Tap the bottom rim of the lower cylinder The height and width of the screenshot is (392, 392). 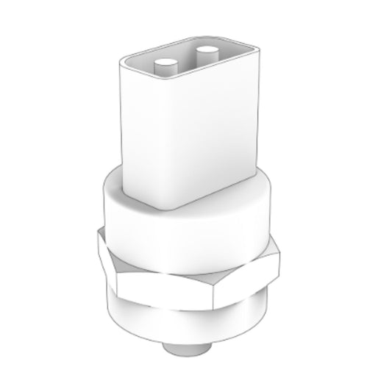pos(184,340)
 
